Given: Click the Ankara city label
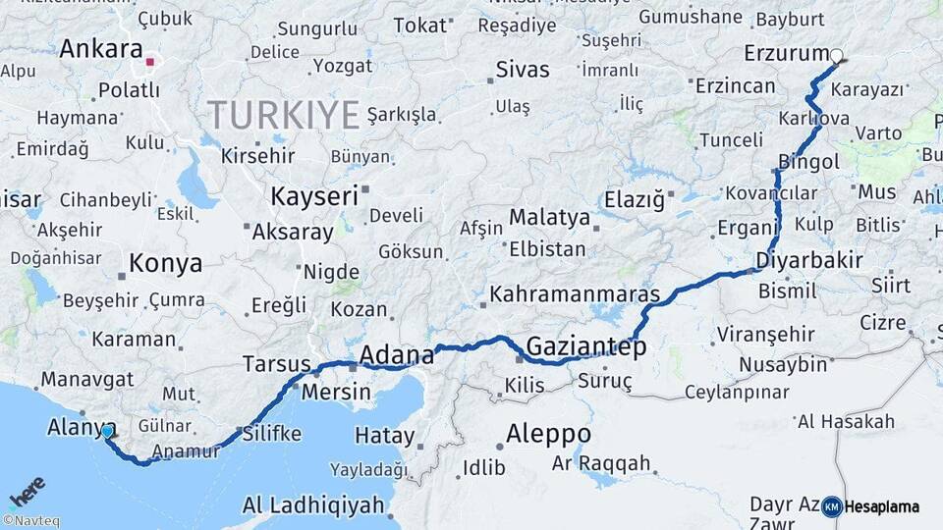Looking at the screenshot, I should (100, 49).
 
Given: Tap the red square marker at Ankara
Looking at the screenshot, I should (149, 62).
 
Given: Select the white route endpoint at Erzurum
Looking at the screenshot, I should (836, 57).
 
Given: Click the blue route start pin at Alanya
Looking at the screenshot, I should (107, 431).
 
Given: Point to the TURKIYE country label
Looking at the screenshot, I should (283, 116).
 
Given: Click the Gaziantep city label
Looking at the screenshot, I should (585, 346).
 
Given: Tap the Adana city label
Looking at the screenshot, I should (397, 353).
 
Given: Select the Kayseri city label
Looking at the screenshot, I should (314, 196).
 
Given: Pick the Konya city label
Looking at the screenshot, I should (166, 263).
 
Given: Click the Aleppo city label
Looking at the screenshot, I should (548, 434).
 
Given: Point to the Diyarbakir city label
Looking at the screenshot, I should (809, 261).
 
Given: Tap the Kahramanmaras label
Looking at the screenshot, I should (575, 293).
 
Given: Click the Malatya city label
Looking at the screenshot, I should (549, 217).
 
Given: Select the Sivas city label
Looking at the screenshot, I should (523, 70).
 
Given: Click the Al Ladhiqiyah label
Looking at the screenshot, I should (312, 506).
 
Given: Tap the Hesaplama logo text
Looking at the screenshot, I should (881, 507).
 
